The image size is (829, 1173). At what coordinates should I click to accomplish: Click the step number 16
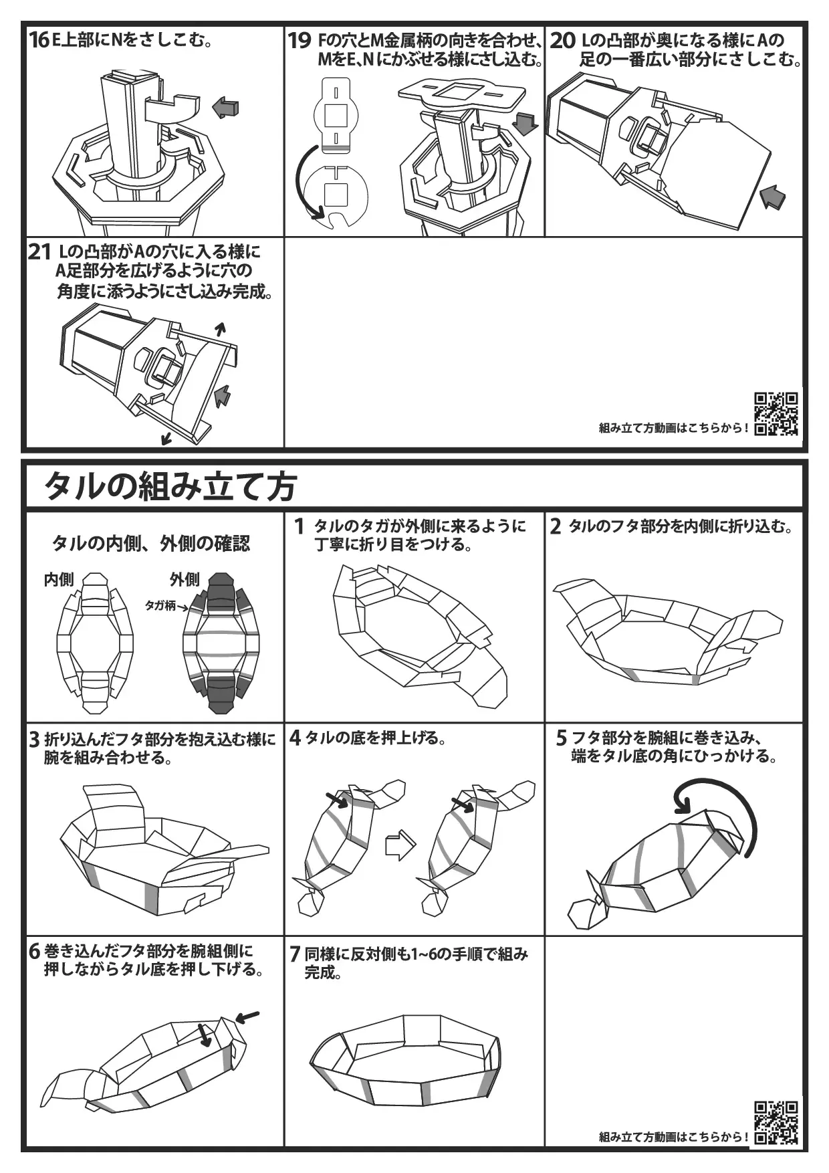click(x=39, y=41)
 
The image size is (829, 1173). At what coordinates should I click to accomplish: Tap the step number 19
click(x=300, y=41)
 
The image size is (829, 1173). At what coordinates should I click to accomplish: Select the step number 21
click(x=39, y=253)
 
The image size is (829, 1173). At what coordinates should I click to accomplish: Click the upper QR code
click(x=776, y=413)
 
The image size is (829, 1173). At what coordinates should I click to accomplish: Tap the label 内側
click(x=59, y=579)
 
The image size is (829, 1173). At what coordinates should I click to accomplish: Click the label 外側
click(x=185, y=579)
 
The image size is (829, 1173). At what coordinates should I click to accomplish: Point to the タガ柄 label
click(x=160, y=605)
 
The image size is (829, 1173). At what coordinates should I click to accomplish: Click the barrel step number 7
click(x=295, y=954)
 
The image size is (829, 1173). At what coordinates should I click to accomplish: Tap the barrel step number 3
click(x=34, y=740)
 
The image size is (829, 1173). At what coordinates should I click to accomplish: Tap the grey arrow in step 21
click(x=221, y=396)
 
